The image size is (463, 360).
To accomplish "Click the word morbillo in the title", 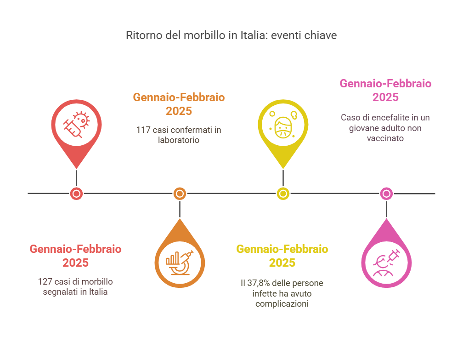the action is [x=204, y=35].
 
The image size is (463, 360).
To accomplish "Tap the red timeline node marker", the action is [x=76, y=194].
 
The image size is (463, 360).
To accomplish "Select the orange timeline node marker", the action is [x=180, y=194].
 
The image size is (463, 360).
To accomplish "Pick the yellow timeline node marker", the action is [x=283, y=194].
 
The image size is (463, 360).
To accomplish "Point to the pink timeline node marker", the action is [x=387, y=194].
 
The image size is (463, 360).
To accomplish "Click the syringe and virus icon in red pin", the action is [x=76, y=125].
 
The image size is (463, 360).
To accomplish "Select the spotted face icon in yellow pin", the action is [x=283, y=125].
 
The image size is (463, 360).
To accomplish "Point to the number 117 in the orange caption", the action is [x=143, y=130].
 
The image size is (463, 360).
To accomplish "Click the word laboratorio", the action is [x=179, y=140].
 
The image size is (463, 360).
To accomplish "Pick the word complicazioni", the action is [x=282, y=304].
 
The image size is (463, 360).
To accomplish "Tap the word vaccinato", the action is [x=385, y=138].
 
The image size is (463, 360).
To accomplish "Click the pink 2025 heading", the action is [x=385, y=97].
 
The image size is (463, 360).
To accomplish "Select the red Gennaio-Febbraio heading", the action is [x=76, y=249].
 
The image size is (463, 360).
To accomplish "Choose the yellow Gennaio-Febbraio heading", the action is [x=282, y=249].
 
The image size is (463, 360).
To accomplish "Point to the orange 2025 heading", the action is [x=179, y=111].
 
